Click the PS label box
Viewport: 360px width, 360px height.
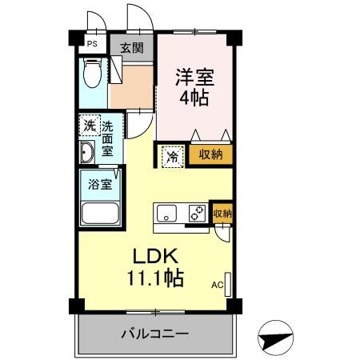pyautogui.click(x=92, y=46)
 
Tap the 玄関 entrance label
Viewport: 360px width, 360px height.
pyautogui.click(x=131, y=48)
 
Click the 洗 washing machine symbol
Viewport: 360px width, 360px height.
pyautogui.click(x=89, y=126)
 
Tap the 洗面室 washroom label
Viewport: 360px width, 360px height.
pyautogui.click(x=107, y=137)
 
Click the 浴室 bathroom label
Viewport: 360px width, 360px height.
pyautogui.click(x=100, y=182)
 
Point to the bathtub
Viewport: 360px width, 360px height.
pyautogui.click(x=100, y=214)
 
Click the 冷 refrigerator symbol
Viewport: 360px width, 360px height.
pyautogui.click(x=173, y=156)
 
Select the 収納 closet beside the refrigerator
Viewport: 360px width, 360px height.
pyautogui.click(x=210, y=155)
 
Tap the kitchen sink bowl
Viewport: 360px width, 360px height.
pyautogui.click(x=168, y=214)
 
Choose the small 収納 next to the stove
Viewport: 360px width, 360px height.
pyautogui.click(x=222, y=213)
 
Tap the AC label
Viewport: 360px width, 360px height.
pyautogui.click(x=217, y=284)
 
